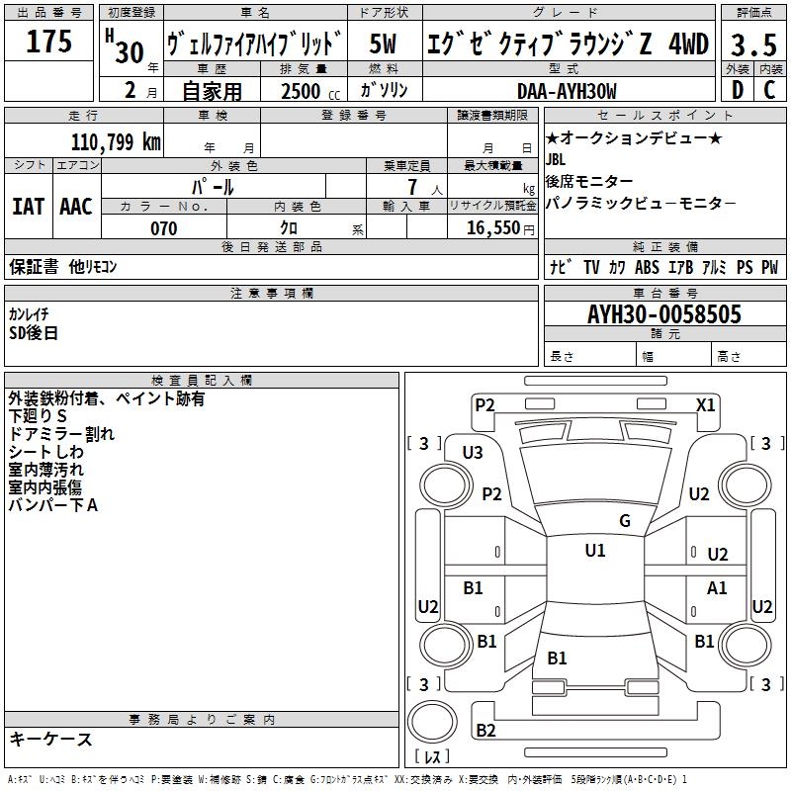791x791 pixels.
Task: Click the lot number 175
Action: click(49, 42)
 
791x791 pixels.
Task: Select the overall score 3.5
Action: click(751, 44)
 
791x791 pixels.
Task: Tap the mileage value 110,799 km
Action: click(116, 142)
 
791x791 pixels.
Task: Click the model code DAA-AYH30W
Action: click(567, 91)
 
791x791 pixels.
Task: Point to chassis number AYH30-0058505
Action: click(664, 314)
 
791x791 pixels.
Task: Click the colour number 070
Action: click(163, 228)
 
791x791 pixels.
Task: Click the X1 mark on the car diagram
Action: click(706, 404)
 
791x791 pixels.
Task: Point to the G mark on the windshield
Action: click(625, 521)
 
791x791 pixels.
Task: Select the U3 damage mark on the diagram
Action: click(473, 453)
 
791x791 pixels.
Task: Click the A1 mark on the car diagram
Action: click(717, 588)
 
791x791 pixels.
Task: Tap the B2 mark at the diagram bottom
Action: click(485, 731)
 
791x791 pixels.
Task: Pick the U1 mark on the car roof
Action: click(595, 551)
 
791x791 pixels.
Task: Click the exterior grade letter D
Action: click(737, 91)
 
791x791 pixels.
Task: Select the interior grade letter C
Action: click(768, 91)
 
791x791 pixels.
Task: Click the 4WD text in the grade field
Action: click(688, 44)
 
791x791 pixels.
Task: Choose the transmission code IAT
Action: click(28, 207)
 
